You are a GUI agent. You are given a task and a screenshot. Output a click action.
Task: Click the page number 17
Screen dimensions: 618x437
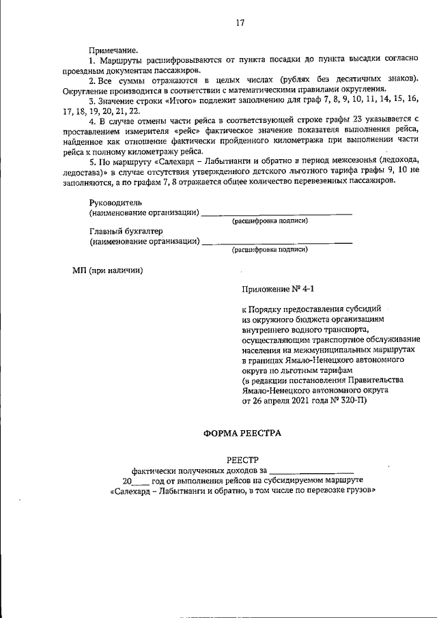pos(240,23)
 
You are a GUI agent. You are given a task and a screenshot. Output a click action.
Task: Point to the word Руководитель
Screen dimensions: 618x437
pos(115,203)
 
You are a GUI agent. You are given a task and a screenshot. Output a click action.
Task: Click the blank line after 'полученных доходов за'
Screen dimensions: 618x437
pos(311,470)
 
